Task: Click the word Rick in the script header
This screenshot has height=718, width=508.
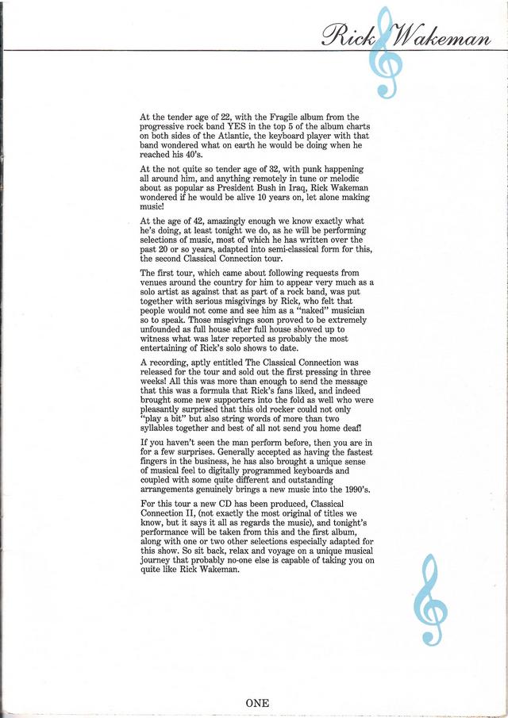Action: [x=347, y=34]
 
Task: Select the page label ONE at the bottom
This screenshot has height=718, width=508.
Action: [x=257, y=702]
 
